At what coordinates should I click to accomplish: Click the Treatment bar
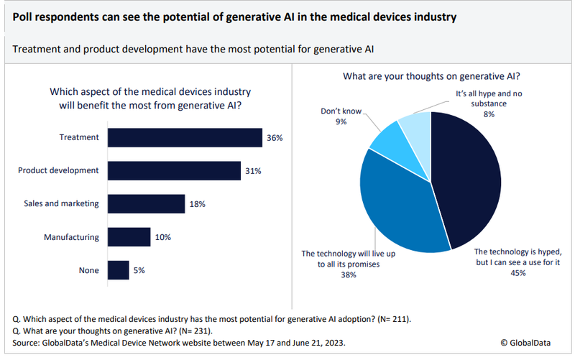click(185, 137)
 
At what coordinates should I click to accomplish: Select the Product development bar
click(174, 170)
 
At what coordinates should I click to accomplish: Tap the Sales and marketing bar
click(146, 204)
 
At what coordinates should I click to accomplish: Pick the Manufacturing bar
click(129, 236)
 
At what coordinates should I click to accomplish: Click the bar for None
click(118, 270)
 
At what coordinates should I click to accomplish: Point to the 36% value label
click(275, 137)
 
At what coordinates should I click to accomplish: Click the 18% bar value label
click(198, 204)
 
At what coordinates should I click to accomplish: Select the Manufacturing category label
click(72, 236)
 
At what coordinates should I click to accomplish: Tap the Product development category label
click(58, 170)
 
